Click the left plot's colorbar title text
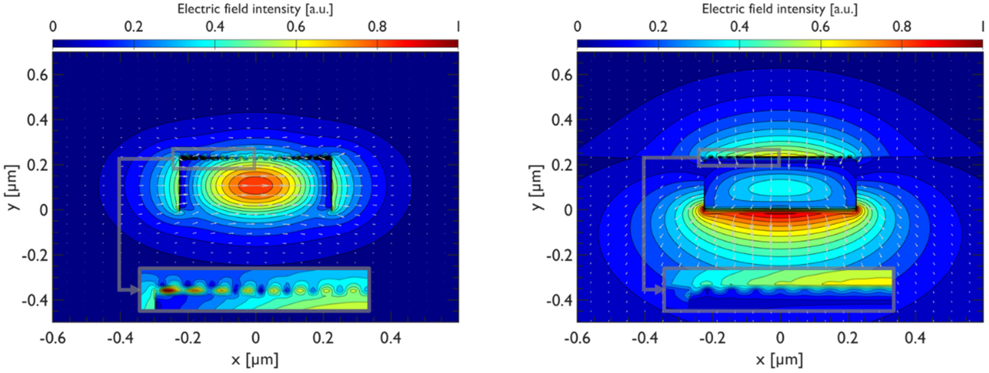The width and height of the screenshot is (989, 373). pyautogui.click(x=255, y=9)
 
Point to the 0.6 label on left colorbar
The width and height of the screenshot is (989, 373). pyautogui.click(x=296, y=27)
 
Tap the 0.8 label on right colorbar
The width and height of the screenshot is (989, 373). pyautogui.click(x=902, y=27)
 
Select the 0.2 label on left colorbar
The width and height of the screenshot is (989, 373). pyautogui.click(x=134, y=27)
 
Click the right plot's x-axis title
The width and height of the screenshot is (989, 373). pyautogui.click(x=780, y=360)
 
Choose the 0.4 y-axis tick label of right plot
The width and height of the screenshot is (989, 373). pyautogui.click(x=562, y=120)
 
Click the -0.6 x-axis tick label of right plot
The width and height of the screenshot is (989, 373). pyautogui.click(x=577, y=338)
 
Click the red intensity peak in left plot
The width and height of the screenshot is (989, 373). pyautogui.click(x=256, y=186)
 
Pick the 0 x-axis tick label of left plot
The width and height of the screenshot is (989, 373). pyautogui.click(x=255, y=338)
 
